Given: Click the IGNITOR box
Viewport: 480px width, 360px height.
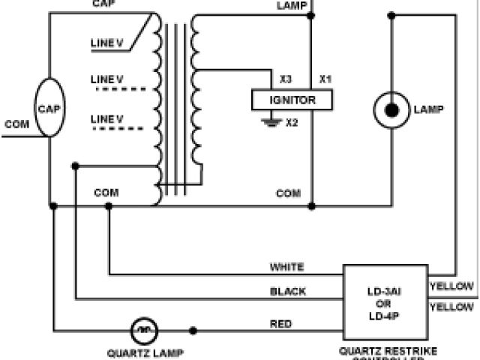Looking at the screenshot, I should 292,100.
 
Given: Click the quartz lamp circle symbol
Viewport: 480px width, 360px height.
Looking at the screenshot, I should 145,330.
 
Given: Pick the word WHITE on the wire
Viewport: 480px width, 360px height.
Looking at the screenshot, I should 286,267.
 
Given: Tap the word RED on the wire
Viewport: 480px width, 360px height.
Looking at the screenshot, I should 280,324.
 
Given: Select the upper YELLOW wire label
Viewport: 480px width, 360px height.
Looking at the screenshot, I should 451,286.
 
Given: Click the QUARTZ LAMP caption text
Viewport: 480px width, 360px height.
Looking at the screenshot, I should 145,352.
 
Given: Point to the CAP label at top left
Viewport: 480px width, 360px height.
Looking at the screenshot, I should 102,4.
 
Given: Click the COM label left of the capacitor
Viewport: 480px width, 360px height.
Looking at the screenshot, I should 16,124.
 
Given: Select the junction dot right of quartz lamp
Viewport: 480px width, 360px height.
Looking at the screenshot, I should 193,330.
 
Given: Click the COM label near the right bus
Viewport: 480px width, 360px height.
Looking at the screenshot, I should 289,193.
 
